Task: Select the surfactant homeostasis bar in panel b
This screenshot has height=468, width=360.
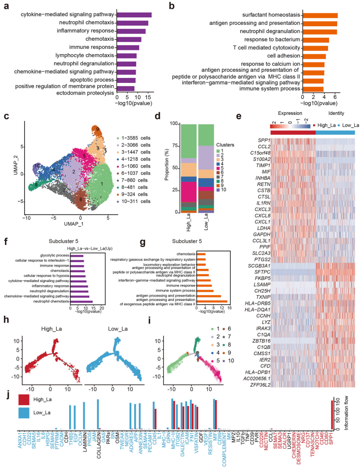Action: [x=320, y=16]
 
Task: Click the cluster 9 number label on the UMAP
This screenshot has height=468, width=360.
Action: [x=98, y=129]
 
